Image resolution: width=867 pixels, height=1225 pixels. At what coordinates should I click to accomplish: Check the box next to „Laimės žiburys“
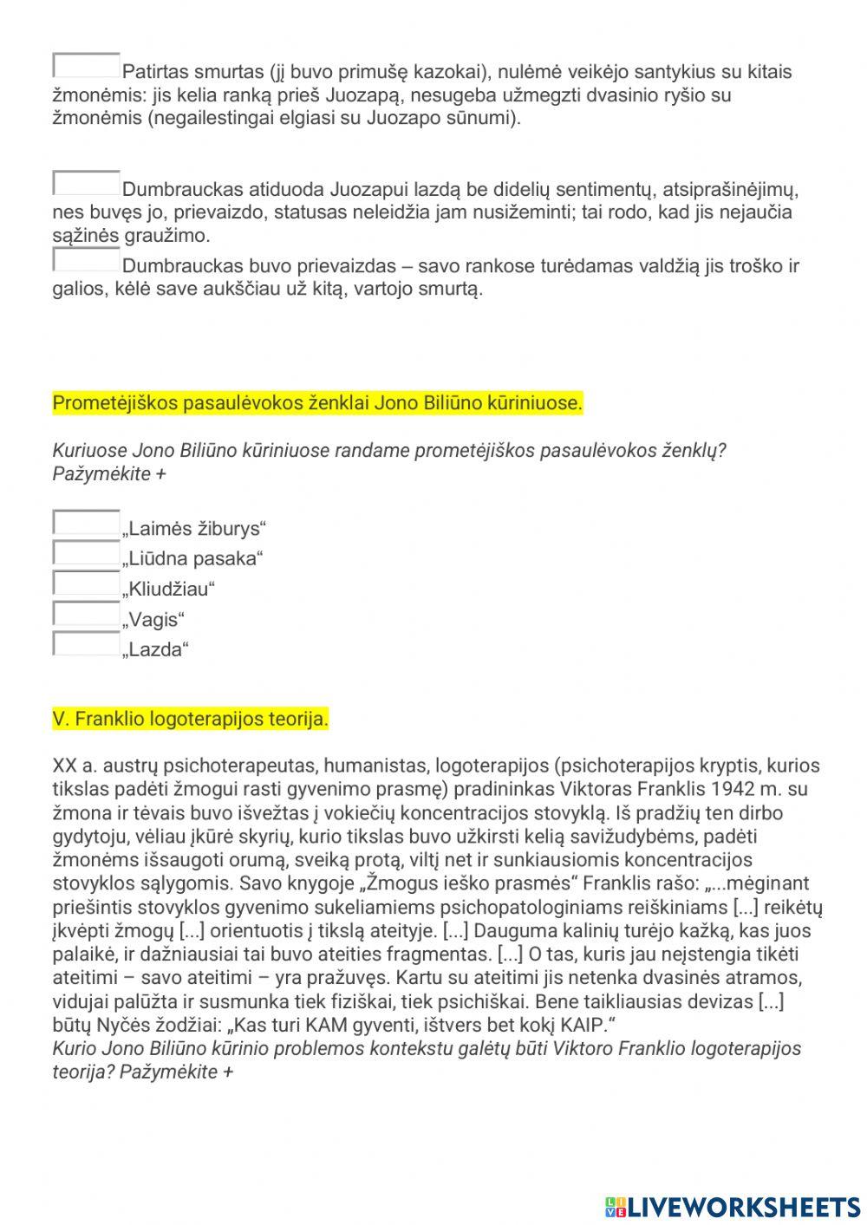coord(87,523)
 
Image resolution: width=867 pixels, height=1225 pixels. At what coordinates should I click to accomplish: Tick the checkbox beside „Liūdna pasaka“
coord(87,553)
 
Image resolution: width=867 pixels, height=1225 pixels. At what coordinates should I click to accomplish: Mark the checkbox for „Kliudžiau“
coord(87,583)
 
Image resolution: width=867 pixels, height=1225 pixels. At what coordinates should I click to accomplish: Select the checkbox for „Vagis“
coord(87,614)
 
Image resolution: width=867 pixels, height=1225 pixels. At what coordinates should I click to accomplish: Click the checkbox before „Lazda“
coord(87,644)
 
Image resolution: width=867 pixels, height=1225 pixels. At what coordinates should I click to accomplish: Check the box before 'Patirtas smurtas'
coord(87,66)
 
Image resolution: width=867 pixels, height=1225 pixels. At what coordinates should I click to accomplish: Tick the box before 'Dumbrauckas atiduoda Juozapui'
coord(87,183)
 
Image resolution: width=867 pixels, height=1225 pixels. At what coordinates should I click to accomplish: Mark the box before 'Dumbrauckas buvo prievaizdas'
coord(87,259)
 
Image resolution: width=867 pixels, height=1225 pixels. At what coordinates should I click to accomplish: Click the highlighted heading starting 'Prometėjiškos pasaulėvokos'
coord(317,403)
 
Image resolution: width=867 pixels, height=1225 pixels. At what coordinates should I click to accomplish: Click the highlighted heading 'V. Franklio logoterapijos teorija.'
coord(191,719)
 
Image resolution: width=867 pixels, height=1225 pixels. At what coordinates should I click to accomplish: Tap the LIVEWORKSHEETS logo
coord(733,1206)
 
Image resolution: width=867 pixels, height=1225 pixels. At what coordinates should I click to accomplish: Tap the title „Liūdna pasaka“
coord(192,559)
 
